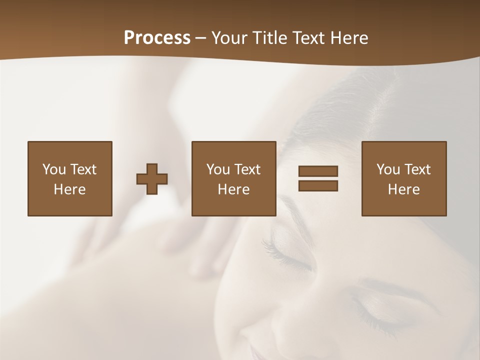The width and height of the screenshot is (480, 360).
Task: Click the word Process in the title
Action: coord(157,38)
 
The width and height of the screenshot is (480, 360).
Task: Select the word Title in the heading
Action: coord(272,38)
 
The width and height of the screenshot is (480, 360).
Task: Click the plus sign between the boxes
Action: coord(152,179)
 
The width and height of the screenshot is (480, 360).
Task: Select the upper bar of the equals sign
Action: coord(318,171)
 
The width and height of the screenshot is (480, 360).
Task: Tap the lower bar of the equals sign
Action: coord(318,186)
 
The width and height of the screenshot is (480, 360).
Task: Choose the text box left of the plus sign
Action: coord(69,178)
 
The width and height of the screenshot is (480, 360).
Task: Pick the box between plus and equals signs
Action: coord(233,178)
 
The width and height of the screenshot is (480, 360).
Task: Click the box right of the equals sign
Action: coord(403,178)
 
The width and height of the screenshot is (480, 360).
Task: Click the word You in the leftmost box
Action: coord(54,169)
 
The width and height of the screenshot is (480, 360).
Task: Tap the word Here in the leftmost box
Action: coord(69,189)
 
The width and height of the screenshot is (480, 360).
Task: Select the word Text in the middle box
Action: coord(247,169)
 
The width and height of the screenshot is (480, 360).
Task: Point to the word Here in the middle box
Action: coord(233,189)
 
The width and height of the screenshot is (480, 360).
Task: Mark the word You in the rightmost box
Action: coord(388,169)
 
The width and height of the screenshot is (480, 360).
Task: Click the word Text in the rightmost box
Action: coord(417,169)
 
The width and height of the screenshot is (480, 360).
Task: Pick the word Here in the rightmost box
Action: coord(403,189)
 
